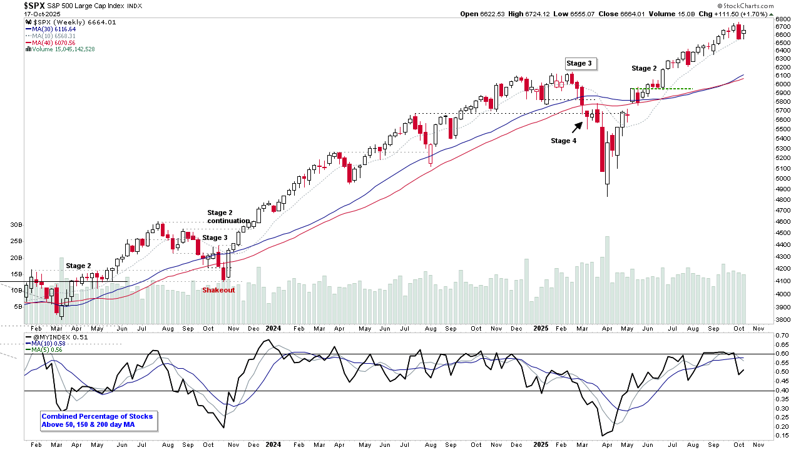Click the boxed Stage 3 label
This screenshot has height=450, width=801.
click(x=578, y=63)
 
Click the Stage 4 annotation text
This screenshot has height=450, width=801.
click(x=564, y=141)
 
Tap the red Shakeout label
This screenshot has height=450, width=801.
click(x=218, y=290)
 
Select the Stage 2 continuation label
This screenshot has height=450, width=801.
click(x=228, y=217)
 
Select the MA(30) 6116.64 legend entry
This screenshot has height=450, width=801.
click(x=50, y=29)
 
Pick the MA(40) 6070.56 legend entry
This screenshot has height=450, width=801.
click(x=50, y=42)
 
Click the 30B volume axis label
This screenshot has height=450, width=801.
click(x=16, y=224)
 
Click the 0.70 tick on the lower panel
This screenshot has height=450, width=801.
click(x=783, y=336)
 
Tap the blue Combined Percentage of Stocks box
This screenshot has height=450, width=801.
click(x=97, y=421)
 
